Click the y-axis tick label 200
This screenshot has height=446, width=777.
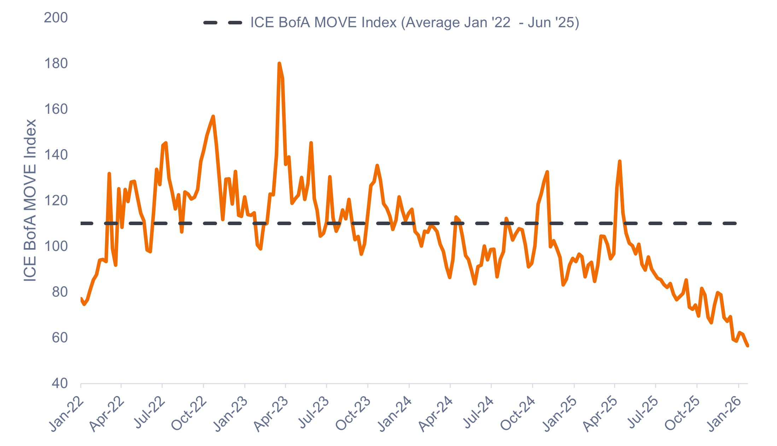coord(56,18)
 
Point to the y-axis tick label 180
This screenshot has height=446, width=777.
coord(56,64)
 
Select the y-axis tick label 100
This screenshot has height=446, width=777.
coord(56,246)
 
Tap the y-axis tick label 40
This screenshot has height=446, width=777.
coord(60,383)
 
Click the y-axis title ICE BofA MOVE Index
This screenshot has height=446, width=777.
coord(30,200)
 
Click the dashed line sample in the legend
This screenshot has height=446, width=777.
coord(223,23)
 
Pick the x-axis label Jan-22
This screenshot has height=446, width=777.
coord(66,413)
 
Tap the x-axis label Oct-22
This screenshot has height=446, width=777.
coord(189,413)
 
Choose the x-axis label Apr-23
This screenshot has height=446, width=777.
coord(271,413)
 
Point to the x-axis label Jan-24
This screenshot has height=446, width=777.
coord(395,413)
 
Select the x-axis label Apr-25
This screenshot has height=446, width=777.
coord(600,413)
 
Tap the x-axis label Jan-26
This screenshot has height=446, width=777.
coord(724,413)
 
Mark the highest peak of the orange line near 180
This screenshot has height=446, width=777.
coord(279,64)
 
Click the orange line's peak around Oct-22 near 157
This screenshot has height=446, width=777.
coord(213,116)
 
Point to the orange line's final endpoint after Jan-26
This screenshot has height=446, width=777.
coord(748,346)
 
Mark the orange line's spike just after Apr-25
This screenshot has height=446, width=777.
coord(620,162)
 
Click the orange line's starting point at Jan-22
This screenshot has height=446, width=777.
coord(81,299)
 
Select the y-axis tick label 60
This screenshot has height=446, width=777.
coord(60,338)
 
